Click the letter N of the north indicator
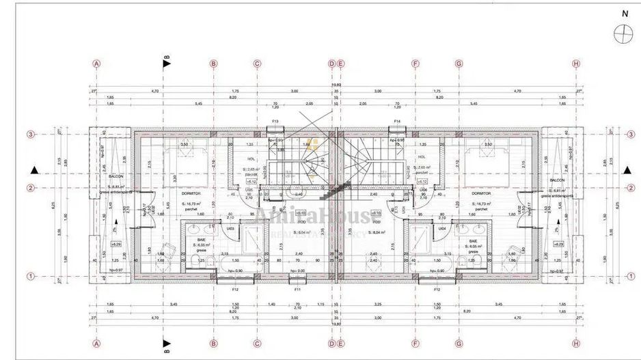(624, 13)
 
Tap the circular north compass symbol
(623, 33)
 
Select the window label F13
(275, 122)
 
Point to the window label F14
(396, 122)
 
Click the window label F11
(297, 290)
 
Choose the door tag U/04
(442, 228)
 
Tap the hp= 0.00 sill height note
(296, 271)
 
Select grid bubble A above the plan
(97, 64)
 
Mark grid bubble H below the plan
(576, 344)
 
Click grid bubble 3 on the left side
(31, 135)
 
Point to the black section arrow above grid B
(166, 64)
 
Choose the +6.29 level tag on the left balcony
(115, 244)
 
